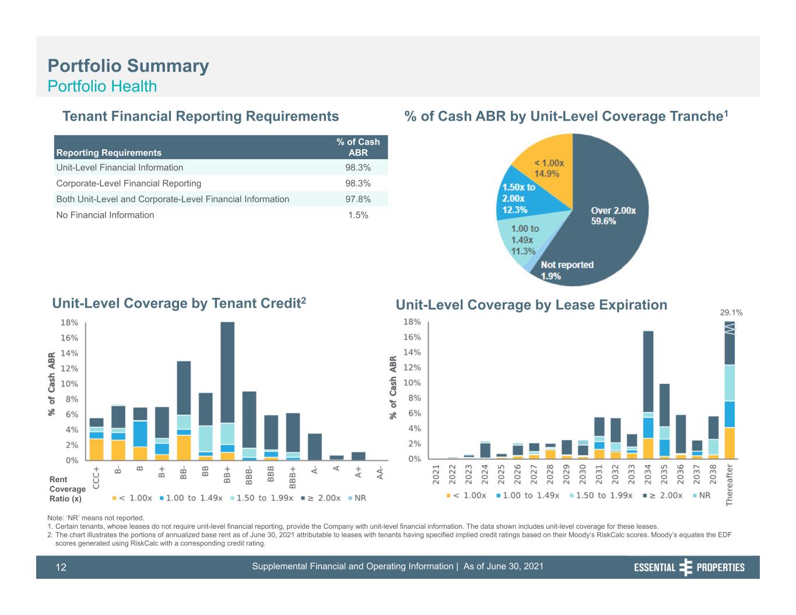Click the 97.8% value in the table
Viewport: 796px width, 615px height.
click(x=357, y=199)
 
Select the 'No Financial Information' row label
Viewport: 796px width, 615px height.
click(x=105, y=215)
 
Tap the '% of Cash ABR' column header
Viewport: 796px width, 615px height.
click(x=358, y=147)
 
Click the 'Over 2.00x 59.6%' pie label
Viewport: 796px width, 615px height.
click(x=613, y=216)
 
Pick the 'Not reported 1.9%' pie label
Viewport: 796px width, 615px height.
click(x=567, y=270)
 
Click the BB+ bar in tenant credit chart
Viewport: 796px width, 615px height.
click(x=227, y=391)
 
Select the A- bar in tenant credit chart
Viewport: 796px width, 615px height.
click(x=315, y=447)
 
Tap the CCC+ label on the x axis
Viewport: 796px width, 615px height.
click(x=96, y=477)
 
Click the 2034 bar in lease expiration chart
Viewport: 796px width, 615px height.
click(x=648, y=395)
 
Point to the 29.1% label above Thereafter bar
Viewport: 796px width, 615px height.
click(x=731, y=312)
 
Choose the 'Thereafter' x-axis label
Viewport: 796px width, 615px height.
click(x=730, y=484)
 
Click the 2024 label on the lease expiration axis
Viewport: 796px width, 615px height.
click(x=485, y=474)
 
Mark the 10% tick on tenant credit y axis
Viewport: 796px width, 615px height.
click(x=69, y=384)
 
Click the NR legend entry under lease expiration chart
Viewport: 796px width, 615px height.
click(x=702, y=495)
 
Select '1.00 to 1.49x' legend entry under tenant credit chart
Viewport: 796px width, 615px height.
click(x=191, y=498)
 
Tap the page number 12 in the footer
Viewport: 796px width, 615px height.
click(x=61, y=567)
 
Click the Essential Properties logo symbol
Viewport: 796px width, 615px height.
click(x=686, y=567)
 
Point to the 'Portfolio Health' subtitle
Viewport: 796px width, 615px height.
click(x=102, y=86)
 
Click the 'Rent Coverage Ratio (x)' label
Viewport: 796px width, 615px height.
click(x=67, y=489)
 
